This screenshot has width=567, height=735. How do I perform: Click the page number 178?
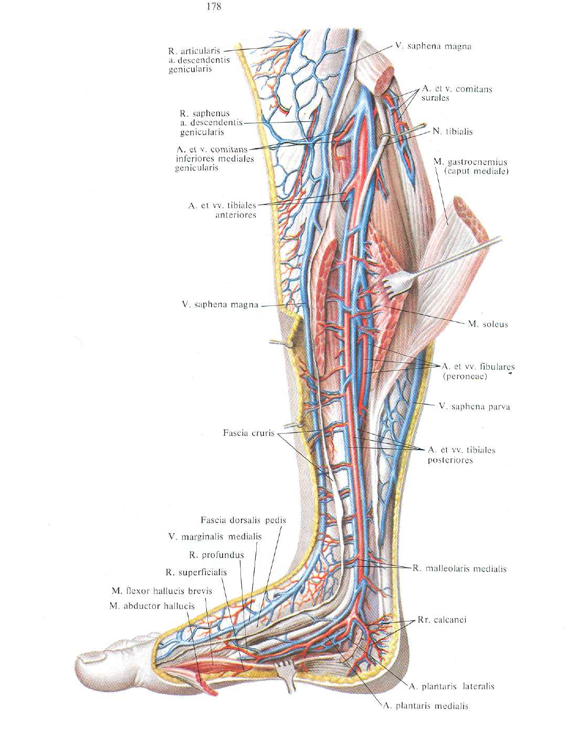pos(214,6)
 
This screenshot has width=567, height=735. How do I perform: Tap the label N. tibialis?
pos(453,131)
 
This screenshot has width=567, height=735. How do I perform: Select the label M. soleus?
pos(488,324)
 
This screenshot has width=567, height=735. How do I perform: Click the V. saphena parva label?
pos(475,406)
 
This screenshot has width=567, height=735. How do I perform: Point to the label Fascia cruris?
pos(248,433)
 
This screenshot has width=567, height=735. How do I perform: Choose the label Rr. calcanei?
pos(442,620)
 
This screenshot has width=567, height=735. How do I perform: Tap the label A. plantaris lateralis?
pos(451,686)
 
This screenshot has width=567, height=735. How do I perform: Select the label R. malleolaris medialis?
pos(459,568)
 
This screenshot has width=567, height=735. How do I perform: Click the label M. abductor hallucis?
pos(152,606)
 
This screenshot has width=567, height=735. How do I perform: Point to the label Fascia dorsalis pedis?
pos(243,520)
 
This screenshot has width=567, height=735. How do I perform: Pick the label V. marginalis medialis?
pos(215,536)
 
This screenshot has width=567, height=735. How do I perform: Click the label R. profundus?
pos(216,555)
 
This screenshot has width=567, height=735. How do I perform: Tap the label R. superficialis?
pos(196,573)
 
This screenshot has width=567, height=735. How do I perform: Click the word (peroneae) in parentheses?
pos(465,376)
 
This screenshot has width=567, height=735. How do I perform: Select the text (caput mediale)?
pos(477,171)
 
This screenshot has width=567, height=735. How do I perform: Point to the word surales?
pos(435,98)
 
